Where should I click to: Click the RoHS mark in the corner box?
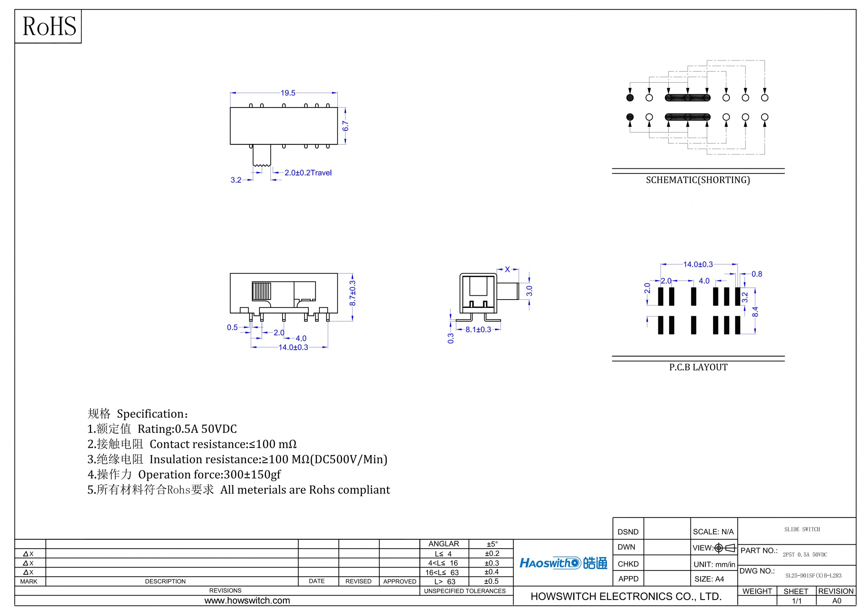[x=49, y=26]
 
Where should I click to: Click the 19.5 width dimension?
[x=288, y=93]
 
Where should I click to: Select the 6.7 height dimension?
[x=345, y=126]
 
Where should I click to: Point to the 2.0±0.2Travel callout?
[x=308, y=173]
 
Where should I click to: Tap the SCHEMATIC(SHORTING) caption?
[x=698, y=180]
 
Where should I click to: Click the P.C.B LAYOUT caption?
[x=698, y=367]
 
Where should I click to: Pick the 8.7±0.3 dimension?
[x=352, y=293]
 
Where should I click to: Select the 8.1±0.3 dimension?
[x=478, y=329]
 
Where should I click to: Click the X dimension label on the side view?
[x=507, y=269]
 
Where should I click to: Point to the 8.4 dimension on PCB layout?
[x=755, y=312]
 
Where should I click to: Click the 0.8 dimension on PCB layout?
[x=757, y=274]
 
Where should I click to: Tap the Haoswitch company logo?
[x=563, y=563]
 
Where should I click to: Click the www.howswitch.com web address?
[x=247, y=600]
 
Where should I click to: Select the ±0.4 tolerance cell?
[x=492, y=572]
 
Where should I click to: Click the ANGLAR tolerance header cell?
[x=444, y=543]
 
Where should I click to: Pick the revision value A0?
[x=837, y=601]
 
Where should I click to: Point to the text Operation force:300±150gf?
[x=209, y=474]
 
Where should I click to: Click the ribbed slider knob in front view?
[x=261, y=291]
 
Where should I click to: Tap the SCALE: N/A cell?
[x=713, y=532]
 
